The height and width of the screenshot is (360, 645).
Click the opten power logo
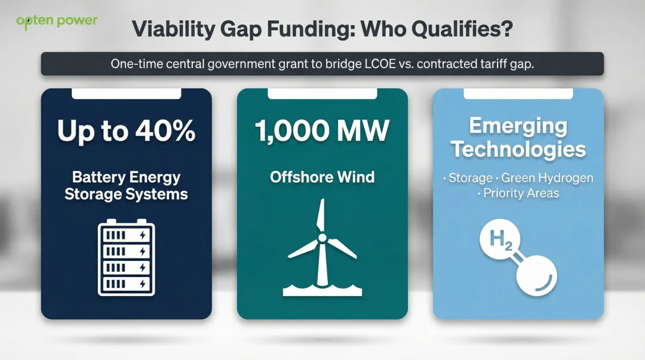pos(57,21)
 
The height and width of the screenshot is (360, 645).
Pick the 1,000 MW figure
pos(322,131)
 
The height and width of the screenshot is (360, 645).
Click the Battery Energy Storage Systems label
pos(126,186)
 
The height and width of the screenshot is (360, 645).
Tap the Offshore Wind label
pos(322,177)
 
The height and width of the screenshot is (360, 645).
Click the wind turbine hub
pos(322,238)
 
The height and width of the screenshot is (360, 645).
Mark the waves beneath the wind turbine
pos(322,290)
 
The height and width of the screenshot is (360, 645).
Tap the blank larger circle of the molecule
pos(536,276)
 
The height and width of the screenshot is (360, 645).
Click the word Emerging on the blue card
pos(518,126)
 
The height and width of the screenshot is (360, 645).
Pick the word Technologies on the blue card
pos(518,149)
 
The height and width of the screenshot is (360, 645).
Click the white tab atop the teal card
pos(322,94)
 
